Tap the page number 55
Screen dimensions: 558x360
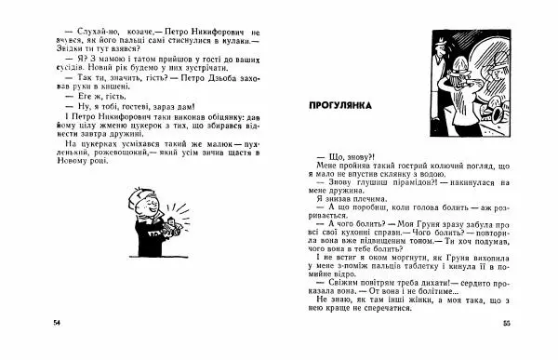click(507, 322)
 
